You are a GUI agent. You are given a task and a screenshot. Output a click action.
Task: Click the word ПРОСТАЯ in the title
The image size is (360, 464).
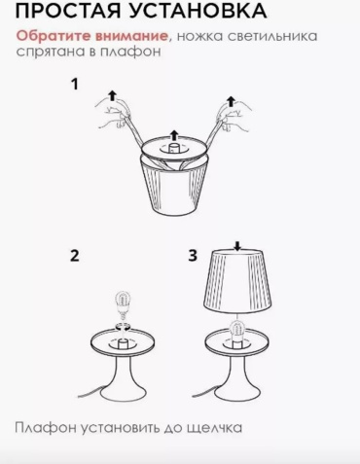click(x=68, y=11)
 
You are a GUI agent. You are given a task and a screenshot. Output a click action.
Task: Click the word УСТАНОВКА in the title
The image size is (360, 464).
click(x=198, y=11)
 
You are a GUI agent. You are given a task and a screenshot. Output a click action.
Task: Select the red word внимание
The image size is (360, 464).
click(x=131, y=36)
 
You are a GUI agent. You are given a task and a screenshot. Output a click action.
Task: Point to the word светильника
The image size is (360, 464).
click(x=271, y=36)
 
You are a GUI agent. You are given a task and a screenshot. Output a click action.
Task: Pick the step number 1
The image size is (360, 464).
click(x=75, y=85)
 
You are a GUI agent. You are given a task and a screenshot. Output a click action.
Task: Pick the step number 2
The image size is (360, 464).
click(x=75, y=256)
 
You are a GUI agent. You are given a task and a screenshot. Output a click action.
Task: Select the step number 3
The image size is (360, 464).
click(x=193, y=255)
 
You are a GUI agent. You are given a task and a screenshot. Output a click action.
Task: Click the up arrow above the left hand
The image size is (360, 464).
click(x=112, y=95)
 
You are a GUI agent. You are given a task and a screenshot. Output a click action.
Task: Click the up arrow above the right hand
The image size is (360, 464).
click(x=231, y=101)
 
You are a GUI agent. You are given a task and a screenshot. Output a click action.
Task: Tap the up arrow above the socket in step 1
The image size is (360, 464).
click(x=175, y=135)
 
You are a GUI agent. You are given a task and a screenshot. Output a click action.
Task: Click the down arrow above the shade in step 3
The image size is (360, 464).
click(x=238, y=246)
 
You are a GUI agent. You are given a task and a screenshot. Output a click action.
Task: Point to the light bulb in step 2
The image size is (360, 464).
click(x=123, y=304)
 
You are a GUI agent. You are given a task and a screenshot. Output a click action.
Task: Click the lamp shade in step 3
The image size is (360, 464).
click(x=238, y=282)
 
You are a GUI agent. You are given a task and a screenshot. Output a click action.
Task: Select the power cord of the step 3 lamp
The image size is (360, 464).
click(x=204, y=392)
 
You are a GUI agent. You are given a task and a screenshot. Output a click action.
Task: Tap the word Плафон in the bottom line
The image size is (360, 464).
click(x=46, y=428)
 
